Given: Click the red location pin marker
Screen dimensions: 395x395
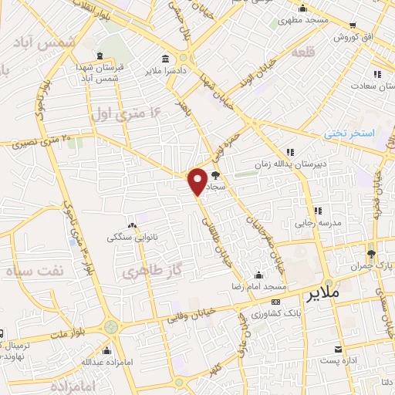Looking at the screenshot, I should (197, 181).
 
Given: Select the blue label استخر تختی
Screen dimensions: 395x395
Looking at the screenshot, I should (349, 133).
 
